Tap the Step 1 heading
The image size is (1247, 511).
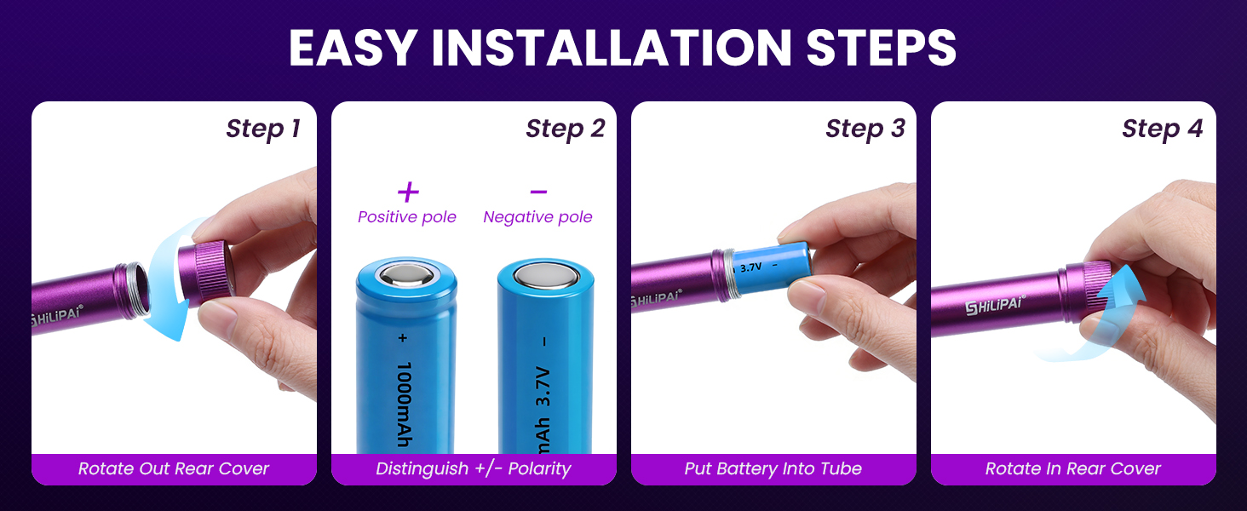coord(262,129)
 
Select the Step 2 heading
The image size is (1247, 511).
coord(565,129)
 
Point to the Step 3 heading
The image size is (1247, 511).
coord(865,129)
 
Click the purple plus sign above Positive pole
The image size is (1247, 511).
coord(408,192)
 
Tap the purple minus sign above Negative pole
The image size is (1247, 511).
coord(538,192)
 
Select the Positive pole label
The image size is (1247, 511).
coord(407,217)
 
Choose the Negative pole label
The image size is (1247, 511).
coord(537,217)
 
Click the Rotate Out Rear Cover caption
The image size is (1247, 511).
coord(174,468)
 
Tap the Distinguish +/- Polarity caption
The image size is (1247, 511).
coord(474,468)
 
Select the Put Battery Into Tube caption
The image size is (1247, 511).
coord(773,468)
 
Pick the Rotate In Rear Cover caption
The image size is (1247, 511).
coord(1073,468)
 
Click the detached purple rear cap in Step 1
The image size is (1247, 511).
coord(204,273)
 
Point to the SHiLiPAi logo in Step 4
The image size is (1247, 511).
coord(994,305)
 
